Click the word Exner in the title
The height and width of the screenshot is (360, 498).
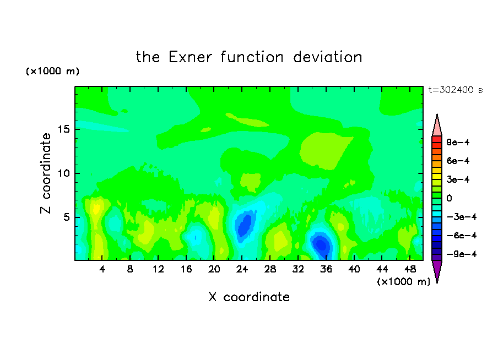click(x=190, y=57)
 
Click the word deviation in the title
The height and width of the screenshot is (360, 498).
click(x=327, y=57)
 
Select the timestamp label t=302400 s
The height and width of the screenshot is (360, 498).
click(x=456, y=90)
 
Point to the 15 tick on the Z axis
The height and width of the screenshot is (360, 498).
click(x=64, y=129)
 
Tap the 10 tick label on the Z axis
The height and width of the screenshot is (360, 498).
click(x=64, y=173)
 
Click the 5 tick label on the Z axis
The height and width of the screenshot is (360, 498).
click(x=66, y=217)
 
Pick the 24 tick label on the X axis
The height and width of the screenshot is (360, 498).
click(x=242, y=269)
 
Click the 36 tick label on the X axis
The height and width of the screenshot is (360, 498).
click(x=326, y=269)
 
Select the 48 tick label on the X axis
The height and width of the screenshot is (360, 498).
click(x=410, y=269)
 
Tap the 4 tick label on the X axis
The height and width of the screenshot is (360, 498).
click(x=102, y=269)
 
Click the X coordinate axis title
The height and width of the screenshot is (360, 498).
click(x=249, y=297)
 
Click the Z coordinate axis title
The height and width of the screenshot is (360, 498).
click(x=46, y=173)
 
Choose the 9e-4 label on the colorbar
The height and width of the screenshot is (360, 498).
click(x=458, y=142)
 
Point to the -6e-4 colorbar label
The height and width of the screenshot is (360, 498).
click(x=462, y=236)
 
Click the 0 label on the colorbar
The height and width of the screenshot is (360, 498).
click(x=449, y=198)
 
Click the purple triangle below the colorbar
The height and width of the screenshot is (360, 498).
click(x=437, y=270)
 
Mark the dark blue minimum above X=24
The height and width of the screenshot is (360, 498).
click(x=244, y=225)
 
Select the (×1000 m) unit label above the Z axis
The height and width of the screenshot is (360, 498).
click(x=52, y=71)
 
